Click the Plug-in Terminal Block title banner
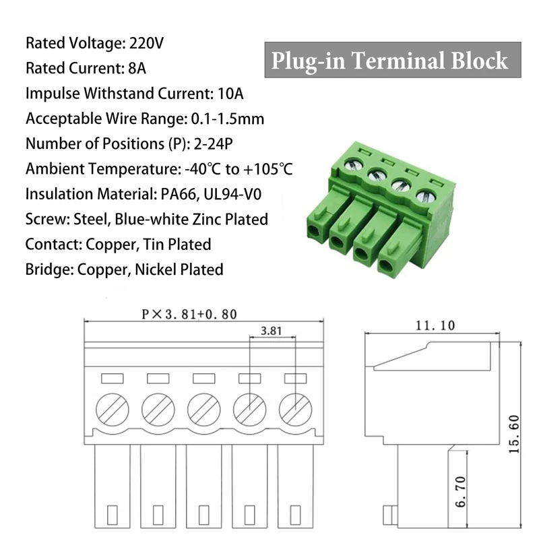click(390, 61)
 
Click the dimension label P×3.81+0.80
click(189, 314)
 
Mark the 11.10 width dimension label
click(435, 325)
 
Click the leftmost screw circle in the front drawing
click(112, 409)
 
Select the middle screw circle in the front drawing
click(203, 409)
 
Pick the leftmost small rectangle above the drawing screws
click(112, 379)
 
